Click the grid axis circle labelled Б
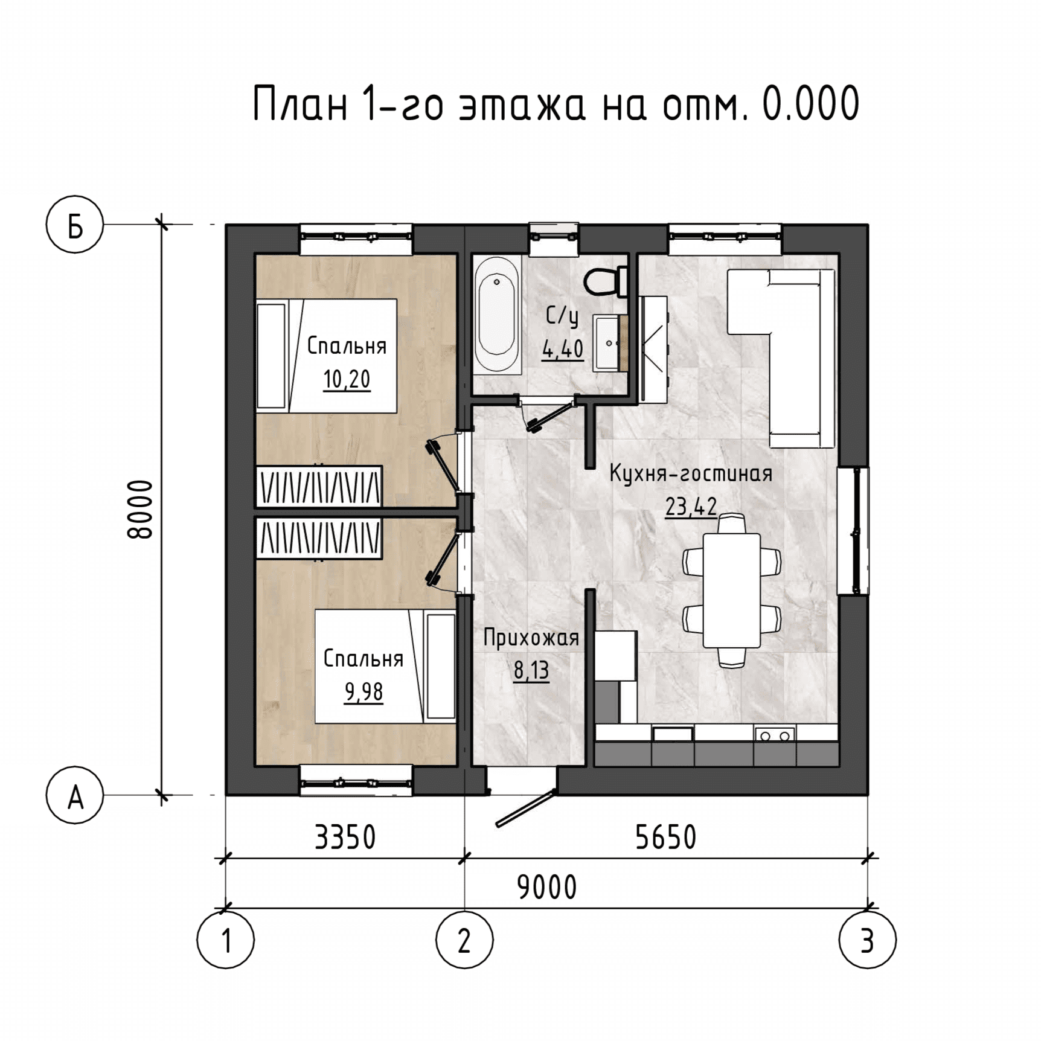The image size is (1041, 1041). [x=75, y=225]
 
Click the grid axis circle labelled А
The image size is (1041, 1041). [x=75, y=795]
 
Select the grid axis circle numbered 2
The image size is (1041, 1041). [x=464, y=940]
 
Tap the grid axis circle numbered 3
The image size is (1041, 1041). [x=868, y=940]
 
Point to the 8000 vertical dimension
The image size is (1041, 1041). [x=140, y=509]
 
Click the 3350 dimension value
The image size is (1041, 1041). [x=345, y=838]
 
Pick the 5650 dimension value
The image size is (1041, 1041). [x=666, y=838]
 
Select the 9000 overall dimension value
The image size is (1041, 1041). [x=547, y=888]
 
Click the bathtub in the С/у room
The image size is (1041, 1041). [x=497, y=315]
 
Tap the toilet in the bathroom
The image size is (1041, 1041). [x=605, y=282]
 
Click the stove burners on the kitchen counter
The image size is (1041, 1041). [x=775, y=734]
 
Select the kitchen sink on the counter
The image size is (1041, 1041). [x=673, y=734]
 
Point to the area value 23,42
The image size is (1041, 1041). [x=691, y=506]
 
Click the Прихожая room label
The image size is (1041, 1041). [x=531, y=638]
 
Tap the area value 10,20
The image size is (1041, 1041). [x=347, y=379]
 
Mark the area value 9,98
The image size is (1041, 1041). [x=364, y=692]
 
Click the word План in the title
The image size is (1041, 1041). [x=300, y=104]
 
